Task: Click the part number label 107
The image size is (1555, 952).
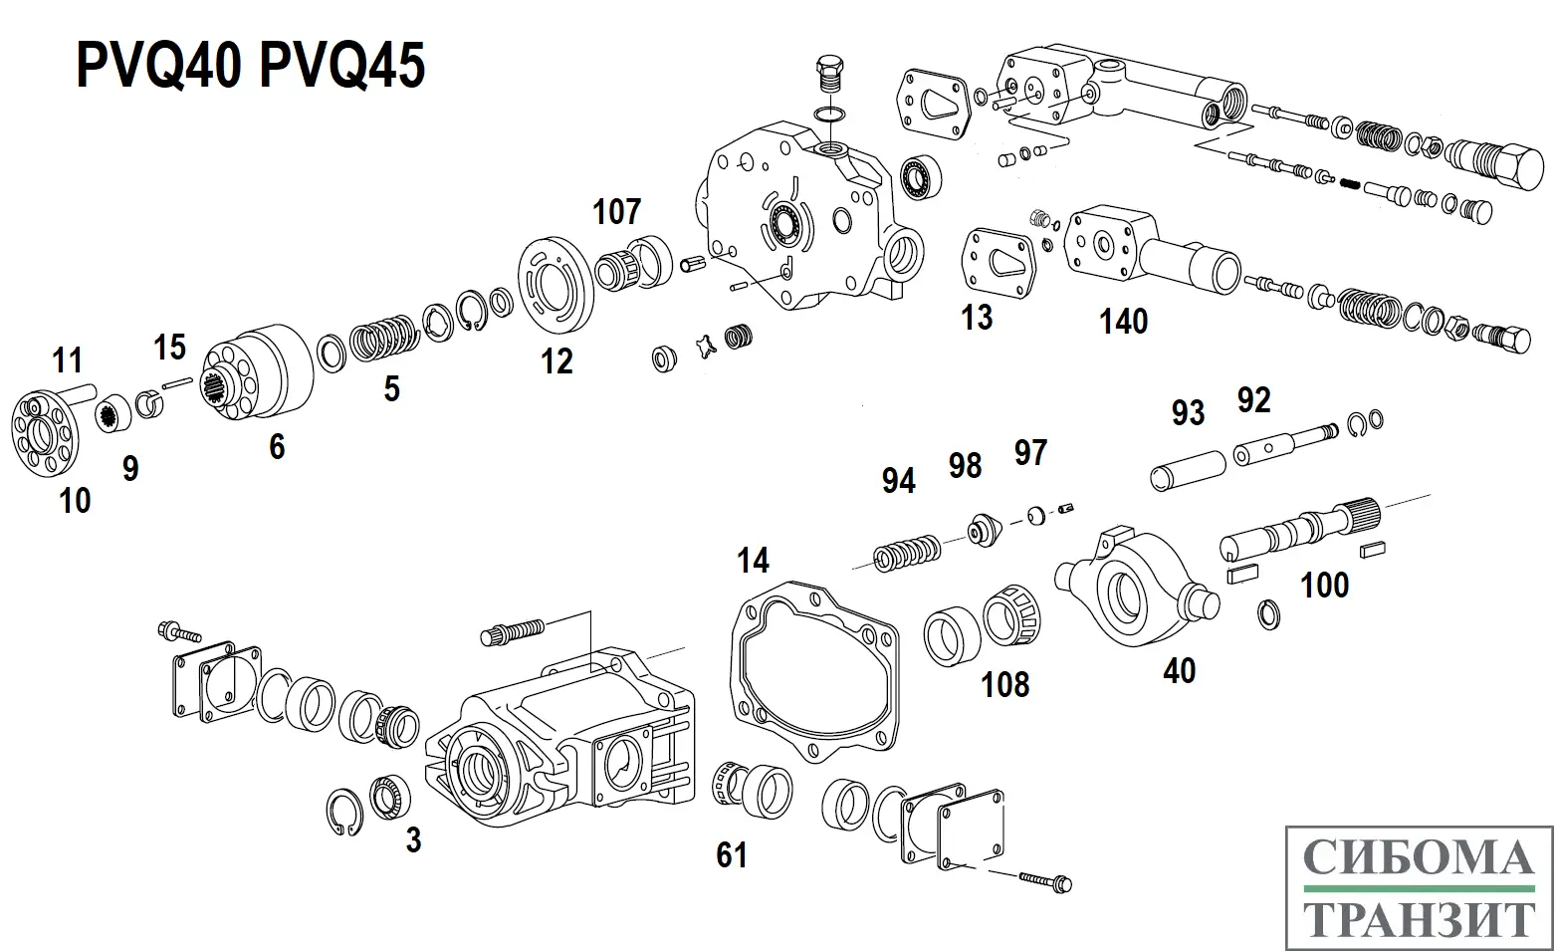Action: tap(616, 211)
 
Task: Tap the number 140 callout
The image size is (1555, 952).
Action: tap(1123, 322)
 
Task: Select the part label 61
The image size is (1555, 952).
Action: tap(732, 854)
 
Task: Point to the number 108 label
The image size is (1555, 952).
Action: tap(1004, 685)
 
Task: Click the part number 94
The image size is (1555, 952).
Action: tap(898, 481)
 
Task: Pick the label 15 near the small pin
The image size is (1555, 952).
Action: tap(170, 347)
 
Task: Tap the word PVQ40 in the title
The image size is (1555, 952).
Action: tap(159, 66)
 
